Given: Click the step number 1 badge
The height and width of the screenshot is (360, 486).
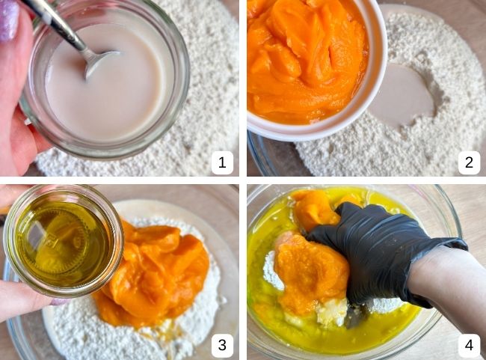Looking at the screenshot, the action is [x=222, y=162].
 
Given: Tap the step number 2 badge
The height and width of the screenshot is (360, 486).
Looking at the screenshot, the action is [x=469, y=162].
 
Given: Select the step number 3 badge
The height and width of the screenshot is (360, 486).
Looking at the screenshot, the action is [x=222, y=345].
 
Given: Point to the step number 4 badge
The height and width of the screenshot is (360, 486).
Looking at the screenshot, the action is [x=469, y=345].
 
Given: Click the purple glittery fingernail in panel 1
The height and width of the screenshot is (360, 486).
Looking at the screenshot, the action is [x=9, y=19].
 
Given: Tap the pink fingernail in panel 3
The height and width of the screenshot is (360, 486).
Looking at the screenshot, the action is [x=60, y=301].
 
